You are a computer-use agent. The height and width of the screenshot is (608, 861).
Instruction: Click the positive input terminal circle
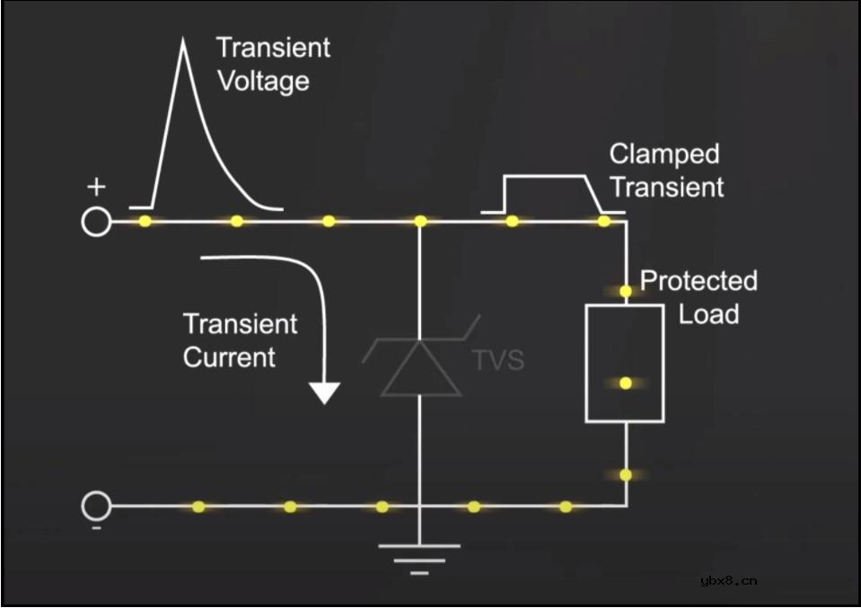click(96, 222)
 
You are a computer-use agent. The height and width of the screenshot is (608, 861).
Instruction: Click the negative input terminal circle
click(96, 506)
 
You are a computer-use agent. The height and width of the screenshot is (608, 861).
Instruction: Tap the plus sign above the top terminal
click(96, 187)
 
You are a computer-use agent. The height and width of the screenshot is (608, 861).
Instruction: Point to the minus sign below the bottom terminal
click(96, 528)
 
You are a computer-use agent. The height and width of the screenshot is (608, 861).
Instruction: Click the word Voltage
click(264, 82)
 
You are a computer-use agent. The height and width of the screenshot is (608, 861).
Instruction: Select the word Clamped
click(664, 154)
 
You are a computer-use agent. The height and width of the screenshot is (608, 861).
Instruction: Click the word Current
click(230, 357)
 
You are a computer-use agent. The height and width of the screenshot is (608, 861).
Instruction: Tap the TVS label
click(498, 360)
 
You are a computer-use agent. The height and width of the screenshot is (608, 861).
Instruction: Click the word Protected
click(698, 281)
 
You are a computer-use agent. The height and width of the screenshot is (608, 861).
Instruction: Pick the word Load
click(709, 314)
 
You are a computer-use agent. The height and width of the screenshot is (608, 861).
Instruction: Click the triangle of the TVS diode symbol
click(420, 368)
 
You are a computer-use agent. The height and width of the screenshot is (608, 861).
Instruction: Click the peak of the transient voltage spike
click(183, 39)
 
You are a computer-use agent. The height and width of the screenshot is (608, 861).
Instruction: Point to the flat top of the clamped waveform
click(544, 176)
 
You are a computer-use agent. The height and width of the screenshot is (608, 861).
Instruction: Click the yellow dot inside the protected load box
click(626, 383)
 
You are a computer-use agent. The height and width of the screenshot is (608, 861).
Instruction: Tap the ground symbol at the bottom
click(419, 560)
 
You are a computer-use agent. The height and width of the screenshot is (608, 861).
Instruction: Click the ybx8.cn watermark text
click(729, 580)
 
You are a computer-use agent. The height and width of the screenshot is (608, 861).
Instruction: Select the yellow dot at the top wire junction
click(420, 221)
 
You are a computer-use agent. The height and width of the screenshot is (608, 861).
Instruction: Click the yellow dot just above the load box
click(626, 291)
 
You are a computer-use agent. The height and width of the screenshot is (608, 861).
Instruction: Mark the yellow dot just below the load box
click(626, 474)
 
